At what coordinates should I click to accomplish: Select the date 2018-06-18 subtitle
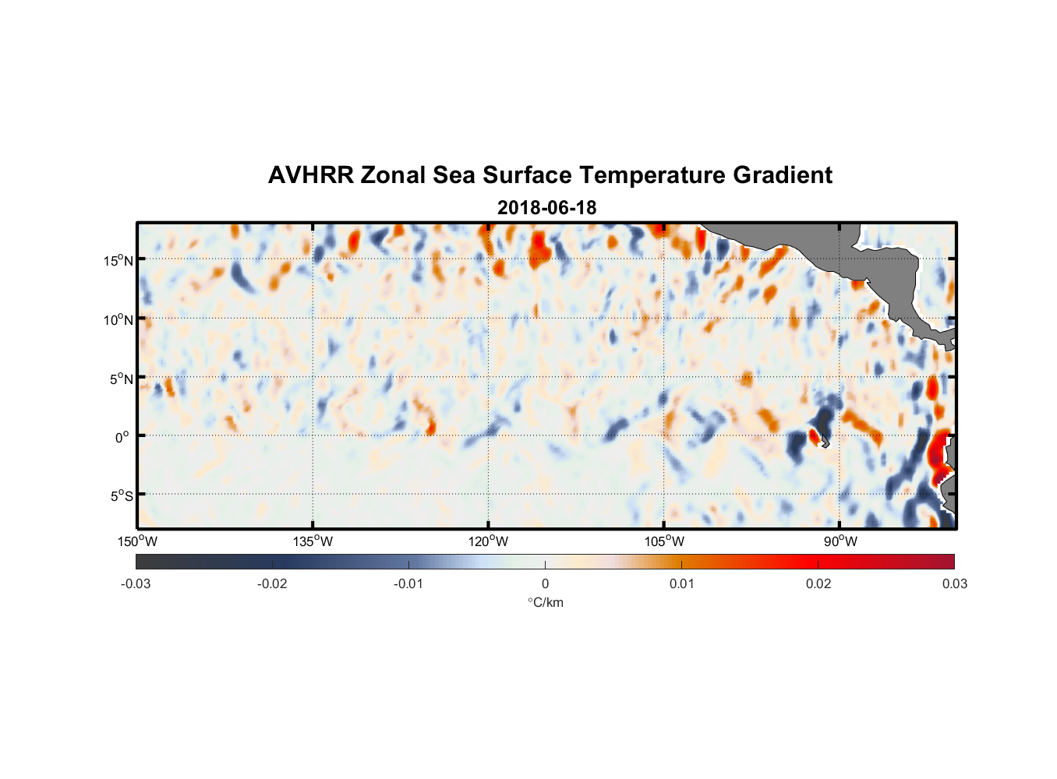[x=546, y=208]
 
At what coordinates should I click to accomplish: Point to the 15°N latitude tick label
[x=118, y=260]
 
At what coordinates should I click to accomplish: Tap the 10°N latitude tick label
[x=118, y=319]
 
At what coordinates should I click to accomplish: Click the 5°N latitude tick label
[x=121, y=379]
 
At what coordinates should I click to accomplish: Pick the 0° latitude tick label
[x=122, y=437]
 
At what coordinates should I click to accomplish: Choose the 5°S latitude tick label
[x=121, y=496]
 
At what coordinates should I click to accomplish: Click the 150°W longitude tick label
[x=138, y=541]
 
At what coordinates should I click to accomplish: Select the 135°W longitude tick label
[x=313, y=541]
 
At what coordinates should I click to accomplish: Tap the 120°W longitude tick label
[x=489, y=541]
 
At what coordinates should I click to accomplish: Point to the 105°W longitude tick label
[x=664, y=541]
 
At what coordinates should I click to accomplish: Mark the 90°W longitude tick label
[x=840, y=541]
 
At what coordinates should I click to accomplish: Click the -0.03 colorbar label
[x=136, y=583]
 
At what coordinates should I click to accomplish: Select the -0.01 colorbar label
[x=408, y=583]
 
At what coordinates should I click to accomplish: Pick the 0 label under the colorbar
[x=545, y=583]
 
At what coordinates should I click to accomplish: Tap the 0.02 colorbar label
[x=818, y=583]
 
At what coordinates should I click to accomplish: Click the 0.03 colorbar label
[x=954, y=583]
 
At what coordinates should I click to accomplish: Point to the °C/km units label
[x=545, y=602]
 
